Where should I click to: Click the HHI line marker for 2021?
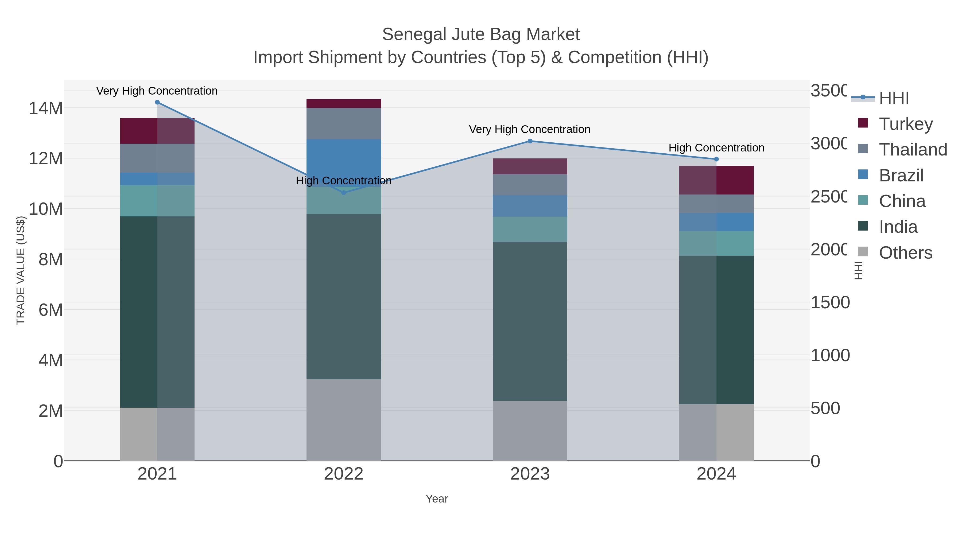tap(157, 102)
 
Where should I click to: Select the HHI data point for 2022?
tap(344, 193)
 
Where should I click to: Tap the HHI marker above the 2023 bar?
tap(530, 141)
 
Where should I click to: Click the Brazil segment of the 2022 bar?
tap(344, 161)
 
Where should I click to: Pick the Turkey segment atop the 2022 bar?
tap(344, 103)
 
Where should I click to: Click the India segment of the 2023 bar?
tap(530, 321)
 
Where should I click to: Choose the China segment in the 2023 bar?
tap(530, 229)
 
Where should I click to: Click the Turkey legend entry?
tap(906, 124)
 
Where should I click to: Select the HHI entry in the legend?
tap(894, 98)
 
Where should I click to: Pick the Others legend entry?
tap(905, 253)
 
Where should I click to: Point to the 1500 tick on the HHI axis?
tap(830, 302)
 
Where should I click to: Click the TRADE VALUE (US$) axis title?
tap(21, 270)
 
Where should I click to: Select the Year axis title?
tap(437, 499)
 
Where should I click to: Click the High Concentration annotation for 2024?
tap(716, 148)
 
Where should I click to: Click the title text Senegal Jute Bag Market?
tap(481, 35)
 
